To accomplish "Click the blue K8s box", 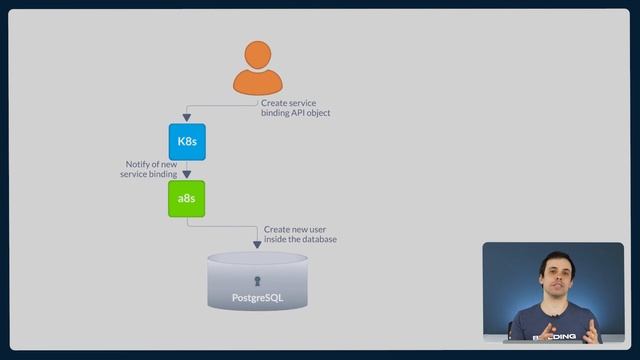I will [186, 142].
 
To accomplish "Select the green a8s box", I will [186, 199].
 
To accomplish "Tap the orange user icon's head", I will [258, 56].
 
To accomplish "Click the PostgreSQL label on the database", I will [257, 298].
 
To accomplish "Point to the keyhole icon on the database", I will [257, 281].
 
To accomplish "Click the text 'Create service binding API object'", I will [295, 108].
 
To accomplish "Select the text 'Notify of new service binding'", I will [151, 169].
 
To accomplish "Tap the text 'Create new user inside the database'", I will [300, 234].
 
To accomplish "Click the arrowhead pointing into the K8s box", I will [186, 119].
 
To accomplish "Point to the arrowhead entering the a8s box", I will [186, 175].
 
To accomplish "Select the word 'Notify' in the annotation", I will [138, 164].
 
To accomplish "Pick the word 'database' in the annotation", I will [317, 239].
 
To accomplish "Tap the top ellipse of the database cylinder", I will [257, 259].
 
